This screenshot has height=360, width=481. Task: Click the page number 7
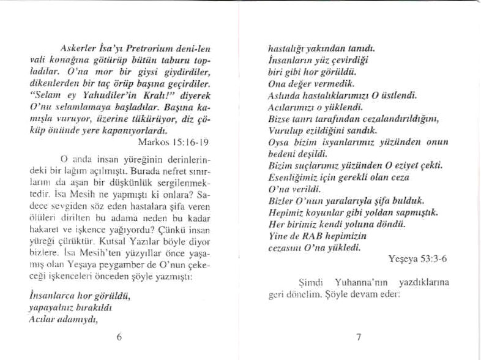click(359, 336)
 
